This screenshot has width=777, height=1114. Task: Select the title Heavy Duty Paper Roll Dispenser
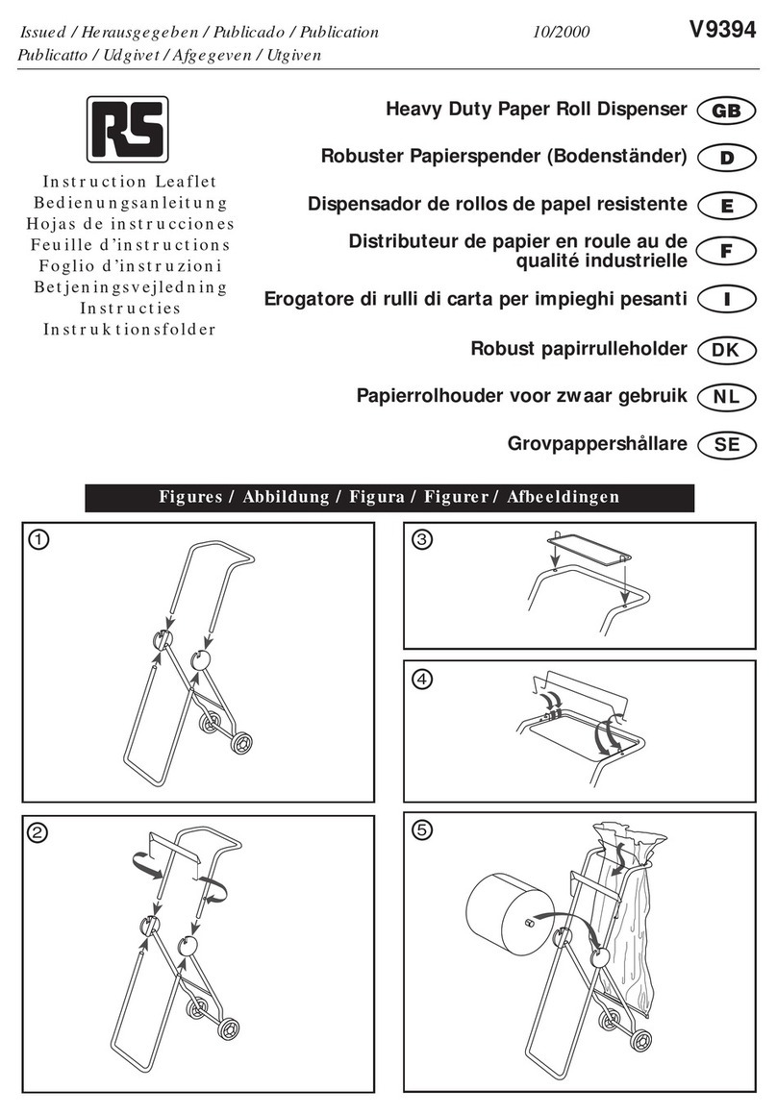[536, 110]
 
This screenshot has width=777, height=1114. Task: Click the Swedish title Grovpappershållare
[596, 444]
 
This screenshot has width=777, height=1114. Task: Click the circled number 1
[36, 540]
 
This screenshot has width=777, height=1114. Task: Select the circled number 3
[422, 540]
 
